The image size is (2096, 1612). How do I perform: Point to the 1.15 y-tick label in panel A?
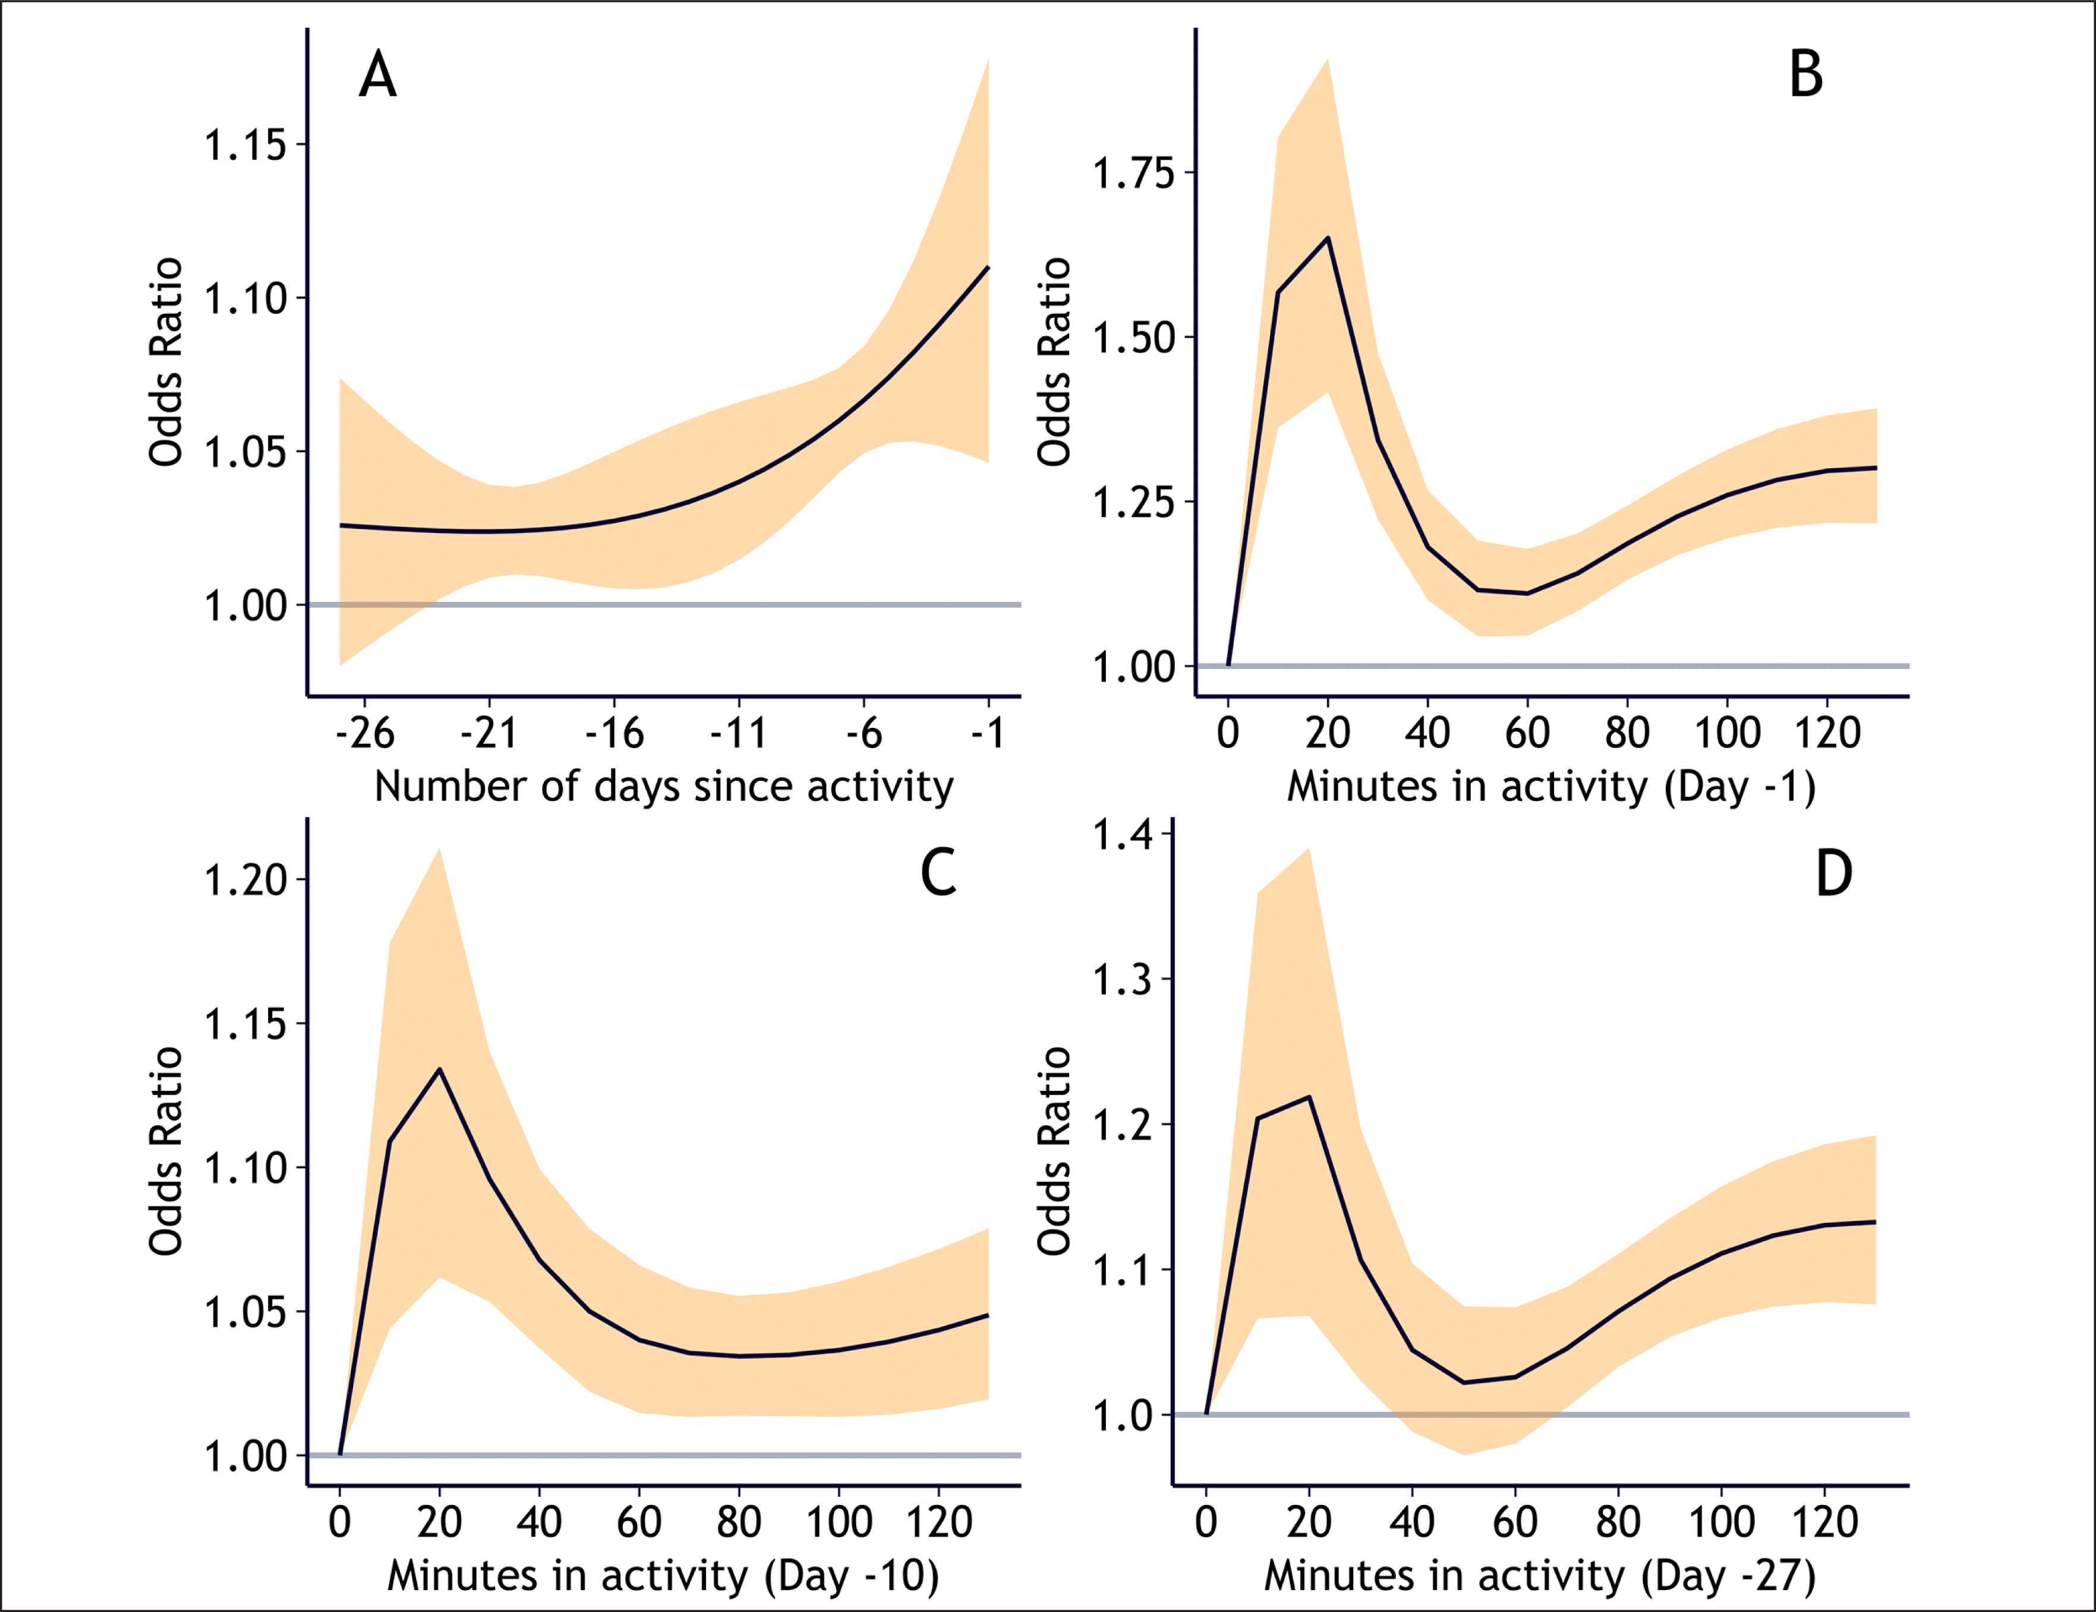(245, 145)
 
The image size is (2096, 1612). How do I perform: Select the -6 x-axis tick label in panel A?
(863, 733)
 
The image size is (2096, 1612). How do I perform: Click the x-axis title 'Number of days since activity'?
(664, 787)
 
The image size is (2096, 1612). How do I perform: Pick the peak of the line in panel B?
(1328, 238)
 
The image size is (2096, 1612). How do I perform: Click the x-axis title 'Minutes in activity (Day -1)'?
(1552, 787)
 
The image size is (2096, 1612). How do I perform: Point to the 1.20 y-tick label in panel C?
(245, 880)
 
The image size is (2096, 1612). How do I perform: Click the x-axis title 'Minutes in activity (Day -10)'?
(663, 1576)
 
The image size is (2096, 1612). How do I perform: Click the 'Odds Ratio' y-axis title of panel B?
(1054, 362)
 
